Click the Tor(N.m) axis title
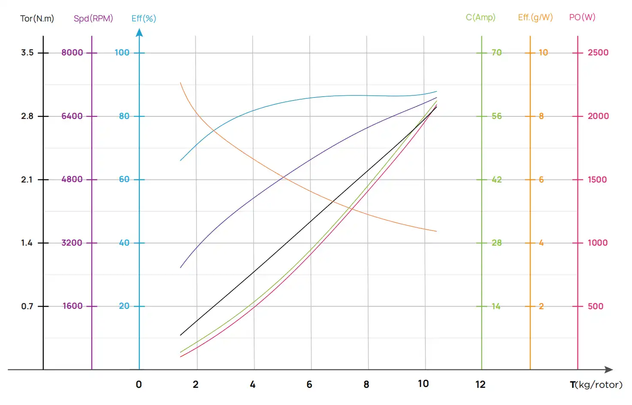coord(37,18)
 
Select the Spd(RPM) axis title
coord(93,18)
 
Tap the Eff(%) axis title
coord(144,18)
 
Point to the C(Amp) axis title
coord(481,17)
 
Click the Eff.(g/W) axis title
coord(535,17)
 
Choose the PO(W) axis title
coord(582,17)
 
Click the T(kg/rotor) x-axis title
coord(596,384)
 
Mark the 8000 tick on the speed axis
coord(72,52)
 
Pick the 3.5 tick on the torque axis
coord(27,52)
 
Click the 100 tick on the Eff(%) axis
coord(122,52)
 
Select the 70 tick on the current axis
coord(496,52)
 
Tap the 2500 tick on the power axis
coord(598,52)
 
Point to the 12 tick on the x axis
coord(481,384)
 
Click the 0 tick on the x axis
coord(139,384)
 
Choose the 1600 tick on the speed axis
coord(73,306)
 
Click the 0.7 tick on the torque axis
coord(27,306)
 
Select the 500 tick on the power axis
coord(596,306)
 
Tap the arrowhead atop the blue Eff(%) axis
coord(139,33)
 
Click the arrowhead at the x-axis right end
coord(609,369)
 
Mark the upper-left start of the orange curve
coord(180,83)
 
